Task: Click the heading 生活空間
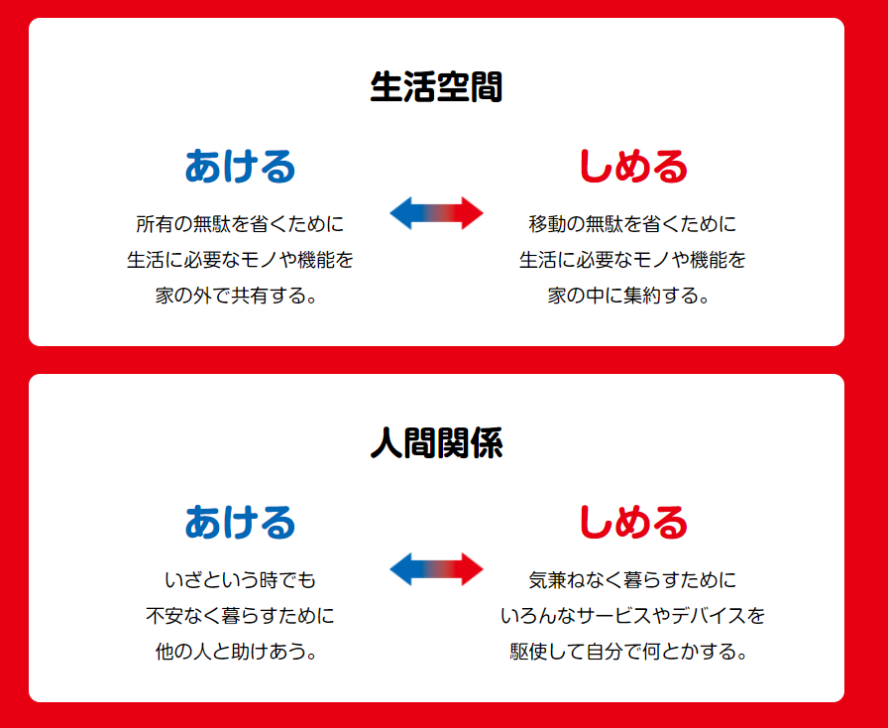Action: [436, 87]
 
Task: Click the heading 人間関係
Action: [436, 442]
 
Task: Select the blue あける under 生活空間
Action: [240, 166]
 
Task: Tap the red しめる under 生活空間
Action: [632, 166]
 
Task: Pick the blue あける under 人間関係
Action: [240, 522]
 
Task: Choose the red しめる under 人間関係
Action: [632, 522]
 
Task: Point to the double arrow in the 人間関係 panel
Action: [437, 569]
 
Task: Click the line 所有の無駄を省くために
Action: [240, 223]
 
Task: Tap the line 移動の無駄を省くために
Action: [632, 223]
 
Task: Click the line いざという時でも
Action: [240, 579]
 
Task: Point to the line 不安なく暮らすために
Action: [240, 615]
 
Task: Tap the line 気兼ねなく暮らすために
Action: [632, 579]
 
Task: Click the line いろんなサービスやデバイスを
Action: [632, 615]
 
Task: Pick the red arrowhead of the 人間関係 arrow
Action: [472, 569]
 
